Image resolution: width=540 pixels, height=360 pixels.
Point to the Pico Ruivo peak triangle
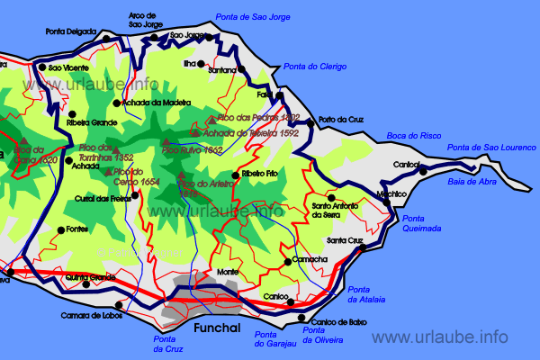click(166, 141)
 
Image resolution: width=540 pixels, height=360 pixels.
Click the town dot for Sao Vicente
click(41, 67)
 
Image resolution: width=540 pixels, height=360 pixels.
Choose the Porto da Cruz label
click(339, 121)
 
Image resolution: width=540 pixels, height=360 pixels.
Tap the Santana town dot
click(242, 69)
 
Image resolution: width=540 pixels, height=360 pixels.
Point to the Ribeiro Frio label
click(259, 174)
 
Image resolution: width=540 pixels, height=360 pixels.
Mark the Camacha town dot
click(287, 261)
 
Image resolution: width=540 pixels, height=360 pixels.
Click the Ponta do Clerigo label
click(315, 67)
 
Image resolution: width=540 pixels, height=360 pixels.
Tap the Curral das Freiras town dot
click(135, 195)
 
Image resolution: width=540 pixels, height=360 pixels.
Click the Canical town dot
click(420, 165)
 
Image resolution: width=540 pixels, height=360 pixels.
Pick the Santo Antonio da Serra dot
click(331, 198)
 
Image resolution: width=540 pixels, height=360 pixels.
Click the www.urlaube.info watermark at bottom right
click(440, 337)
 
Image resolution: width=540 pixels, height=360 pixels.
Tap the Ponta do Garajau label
click(274, 338)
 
